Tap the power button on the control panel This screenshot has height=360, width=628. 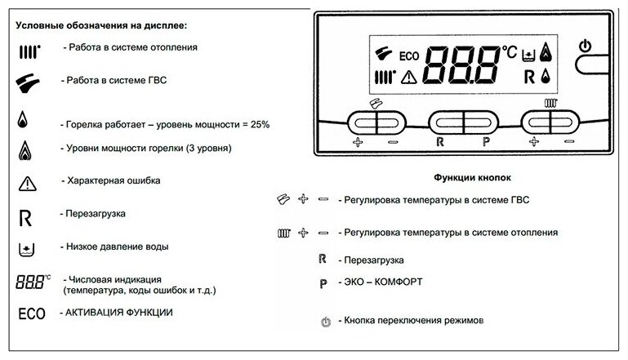tap(584, 46)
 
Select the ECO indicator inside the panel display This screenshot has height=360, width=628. tap(408, 56)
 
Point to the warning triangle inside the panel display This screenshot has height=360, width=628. tap(408, 79)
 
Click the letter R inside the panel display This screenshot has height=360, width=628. tap(528, 78)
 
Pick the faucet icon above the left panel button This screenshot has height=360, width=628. tap(375, 103)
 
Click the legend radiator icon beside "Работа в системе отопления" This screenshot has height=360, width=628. tap(29, 51)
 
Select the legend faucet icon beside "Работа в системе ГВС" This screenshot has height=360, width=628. tap(29, 82)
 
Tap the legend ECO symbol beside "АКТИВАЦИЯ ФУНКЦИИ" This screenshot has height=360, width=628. tap(30, 313)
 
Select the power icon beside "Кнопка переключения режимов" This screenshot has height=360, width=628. tap(326, 322)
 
